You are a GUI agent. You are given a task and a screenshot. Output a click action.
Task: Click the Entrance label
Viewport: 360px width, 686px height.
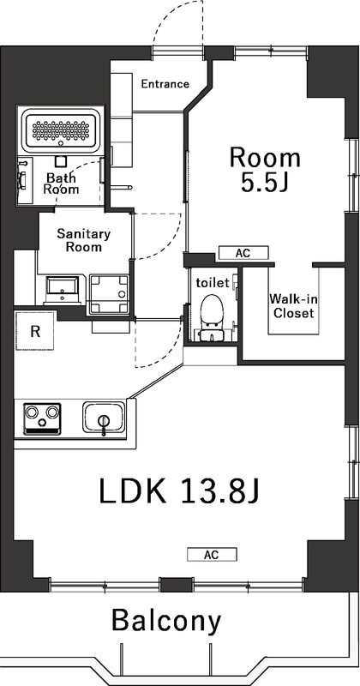coord(165,83)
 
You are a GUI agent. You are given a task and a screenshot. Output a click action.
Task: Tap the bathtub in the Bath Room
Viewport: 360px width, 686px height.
coord(61,130)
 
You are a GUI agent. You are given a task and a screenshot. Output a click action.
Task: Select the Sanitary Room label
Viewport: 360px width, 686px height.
coord(83,240)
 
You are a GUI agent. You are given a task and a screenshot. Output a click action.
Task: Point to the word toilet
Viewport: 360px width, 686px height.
coord(213,283)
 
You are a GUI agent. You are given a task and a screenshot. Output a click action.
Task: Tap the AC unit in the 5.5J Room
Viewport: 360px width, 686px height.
coord(243,253)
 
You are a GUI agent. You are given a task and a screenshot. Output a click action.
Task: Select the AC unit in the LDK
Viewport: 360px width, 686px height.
coord(212,555)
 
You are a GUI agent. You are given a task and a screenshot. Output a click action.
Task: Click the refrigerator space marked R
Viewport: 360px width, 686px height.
coord(35,331)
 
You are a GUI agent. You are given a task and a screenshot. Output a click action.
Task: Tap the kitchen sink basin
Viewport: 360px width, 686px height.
coord(104,418)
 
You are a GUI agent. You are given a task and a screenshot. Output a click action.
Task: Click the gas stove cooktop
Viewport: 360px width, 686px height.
coord(42,418)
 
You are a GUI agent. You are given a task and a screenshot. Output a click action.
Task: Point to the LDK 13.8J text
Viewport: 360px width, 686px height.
coord(180,490)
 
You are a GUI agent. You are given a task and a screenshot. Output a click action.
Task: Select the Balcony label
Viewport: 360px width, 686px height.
coord(166,621)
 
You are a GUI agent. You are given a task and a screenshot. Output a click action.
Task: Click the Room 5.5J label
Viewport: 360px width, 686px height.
coord(266,170)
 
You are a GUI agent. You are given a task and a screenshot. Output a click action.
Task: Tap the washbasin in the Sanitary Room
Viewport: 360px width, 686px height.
coord(63,290)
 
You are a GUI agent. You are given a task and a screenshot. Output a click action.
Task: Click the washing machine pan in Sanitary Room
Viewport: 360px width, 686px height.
coord(110,294)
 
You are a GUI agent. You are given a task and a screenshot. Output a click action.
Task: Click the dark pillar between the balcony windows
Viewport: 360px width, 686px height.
coord(177,585)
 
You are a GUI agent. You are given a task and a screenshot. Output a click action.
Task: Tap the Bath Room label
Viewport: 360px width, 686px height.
coord(62,184)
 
